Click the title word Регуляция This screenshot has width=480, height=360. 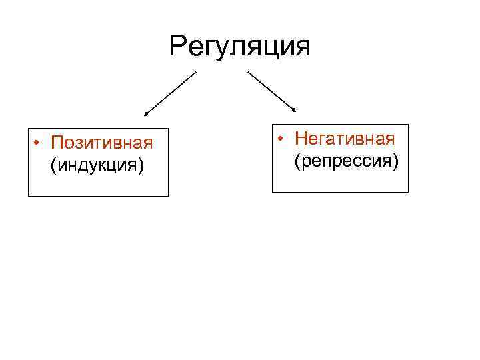[x=240, y=47]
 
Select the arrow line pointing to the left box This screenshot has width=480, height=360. [x=171, y=94]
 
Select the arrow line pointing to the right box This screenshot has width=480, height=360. [x=272, y=92]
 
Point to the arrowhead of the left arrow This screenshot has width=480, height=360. [x=147, y=115]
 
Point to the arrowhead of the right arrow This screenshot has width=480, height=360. [x=295, y=111]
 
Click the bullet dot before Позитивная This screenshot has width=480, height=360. [x=40, y=143]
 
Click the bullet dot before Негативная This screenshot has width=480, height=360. [x=283, y=139]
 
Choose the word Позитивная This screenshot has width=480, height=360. [x=103, y=143]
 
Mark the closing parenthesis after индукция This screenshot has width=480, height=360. [x=141, y=165]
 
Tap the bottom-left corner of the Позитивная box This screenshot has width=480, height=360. [x=29, y=196]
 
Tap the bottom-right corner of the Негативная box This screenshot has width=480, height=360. [x=408, y=192]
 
